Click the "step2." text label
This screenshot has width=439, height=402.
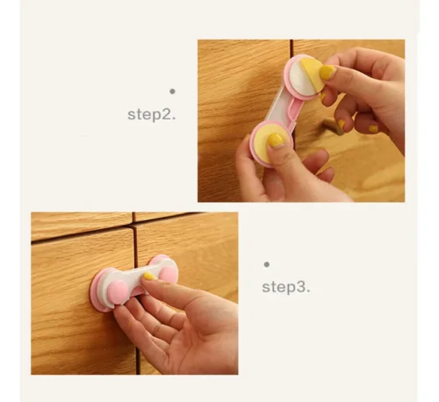tap(152, 114)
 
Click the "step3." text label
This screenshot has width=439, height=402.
tap(286, 287)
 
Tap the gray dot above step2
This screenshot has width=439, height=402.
tap(172, 91)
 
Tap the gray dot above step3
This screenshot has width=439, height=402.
tap(266, 264)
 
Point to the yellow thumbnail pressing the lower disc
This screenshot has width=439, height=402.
tap(276, 140)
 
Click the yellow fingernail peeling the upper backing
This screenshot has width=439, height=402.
tap(327, 72)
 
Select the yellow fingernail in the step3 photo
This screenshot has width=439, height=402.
tap(149, 276)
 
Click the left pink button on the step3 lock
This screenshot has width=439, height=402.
tap(118, 292)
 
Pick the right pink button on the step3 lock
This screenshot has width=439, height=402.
tap(168, 275)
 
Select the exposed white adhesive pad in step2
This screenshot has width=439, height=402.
tap(301, 80)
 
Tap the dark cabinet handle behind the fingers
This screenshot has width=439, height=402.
tap(332, 126)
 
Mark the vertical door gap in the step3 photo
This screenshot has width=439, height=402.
tap(137, 296)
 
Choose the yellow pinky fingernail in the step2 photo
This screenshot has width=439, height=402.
tap(373, 129)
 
